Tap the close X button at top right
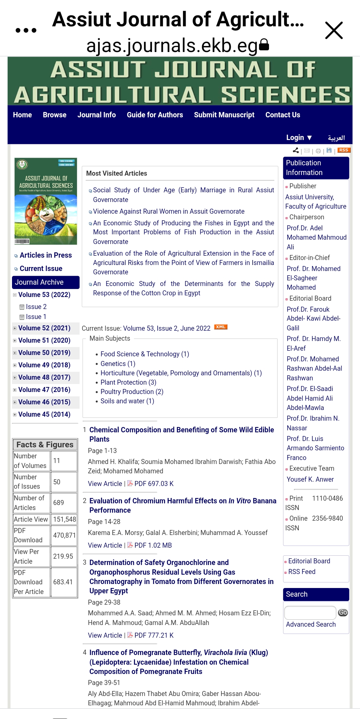pos(334,30)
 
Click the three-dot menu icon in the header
pos(26,30)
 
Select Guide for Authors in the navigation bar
pos(155,115)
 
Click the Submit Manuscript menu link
pos(224,115)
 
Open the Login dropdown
pos(299,138)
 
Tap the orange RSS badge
pos(343,150)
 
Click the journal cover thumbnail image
pos(46,201)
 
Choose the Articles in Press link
pos(46,255)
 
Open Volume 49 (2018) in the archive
pos(44,365)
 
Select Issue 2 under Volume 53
pos(36,307)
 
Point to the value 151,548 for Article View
pos(64,519)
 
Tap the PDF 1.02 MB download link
pos(153,545)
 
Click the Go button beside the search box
pos(343,613)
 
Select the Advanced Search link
pos(311,624)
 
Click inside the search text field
pos(310,613)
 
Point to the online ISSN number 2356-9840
pos(327,518)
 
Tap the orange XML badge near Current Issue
pos(220,327)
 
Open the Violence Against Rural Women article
pos(169,211)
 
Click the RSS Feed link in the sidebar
pos(302,572)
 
